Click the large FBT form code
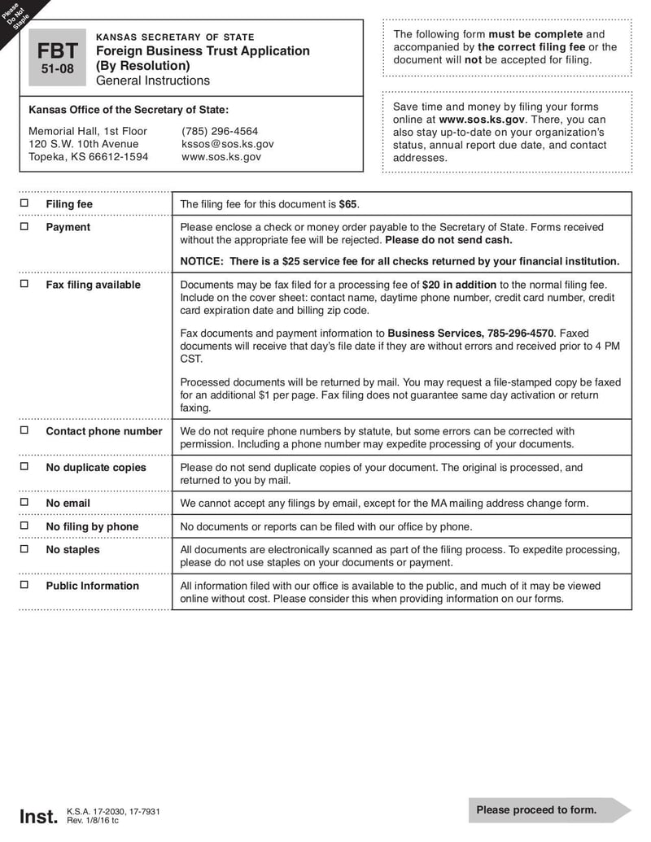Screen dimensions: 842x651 (57, 50)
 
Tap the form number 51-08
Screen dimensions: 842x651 (57, 69)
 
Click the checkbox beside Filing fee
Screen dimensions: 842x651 (24, 203)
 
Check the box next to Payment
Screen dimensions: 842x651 (24, 226)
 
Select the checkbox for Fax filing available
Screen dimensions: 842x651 (24, 284)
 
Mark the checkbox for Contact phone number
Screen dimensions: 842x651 (24, 430)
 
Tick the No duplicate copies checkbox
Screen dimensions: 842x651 (24, 466)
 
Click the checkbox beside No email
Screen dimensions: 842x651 (24, 502)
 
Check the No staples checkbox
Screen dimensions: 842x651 (24, 549)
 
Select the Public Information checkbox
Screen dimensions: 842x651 (24, 585)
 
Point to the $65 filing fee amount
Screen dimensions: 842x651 (348, 204)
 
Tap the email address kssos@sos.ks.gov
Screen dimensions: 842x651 (227, 144)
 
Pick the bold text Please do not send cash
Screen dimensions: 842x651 (448, 240)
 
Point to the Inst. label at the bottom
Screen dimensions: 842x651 (38, 816)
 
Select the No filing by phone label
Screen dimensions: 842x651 (92, 526)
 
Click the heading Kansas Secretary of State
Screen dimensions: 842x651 (175, 37)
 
